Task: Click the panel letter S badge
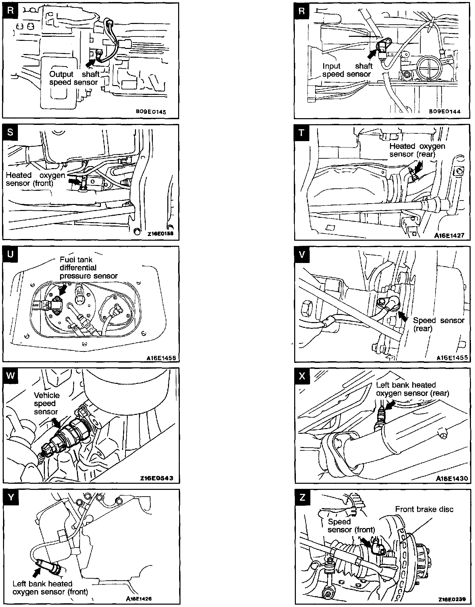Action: pos(10,132)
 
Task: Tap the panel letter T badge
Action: pos(302,132)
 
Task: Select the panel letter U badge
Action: pos(10,254)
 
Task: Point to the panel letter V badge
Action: pos(302,254)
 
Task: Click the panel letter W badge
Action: pos(10,375)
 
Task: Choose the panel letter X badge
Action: pos(302,375)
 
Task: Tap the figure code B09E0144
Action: pos(445,111)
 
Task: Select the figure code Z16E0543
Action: pos(157,478)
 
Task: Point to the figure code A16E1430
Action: pos(452,478)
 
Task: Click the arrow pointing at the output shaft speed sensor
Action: pos(90,62)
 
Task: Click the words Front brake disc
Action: pos(424,509)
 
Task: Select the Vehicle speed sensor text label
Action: pos(47,403)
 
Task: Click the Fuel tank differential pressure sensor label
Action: pos(88,268)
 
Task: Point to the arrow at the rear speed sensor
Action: pos(402,316)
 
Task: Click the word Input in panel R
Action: pos(332,66)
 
